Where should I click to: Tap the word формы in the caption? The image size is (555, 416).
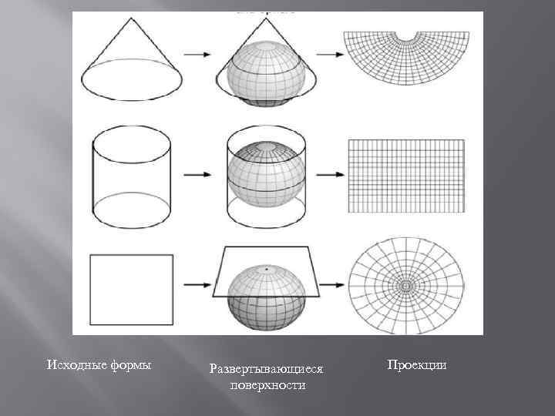click(128, 364)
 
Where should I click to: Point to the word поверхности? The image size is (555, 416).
click(267, 384)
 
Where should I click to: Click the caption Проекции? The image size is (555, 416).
click(417, 364)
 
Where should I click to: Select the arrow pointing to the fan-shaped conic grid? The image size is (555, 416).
click(329, 54)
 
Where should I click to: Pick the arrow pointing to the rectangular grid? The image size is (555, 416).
click(329, 175)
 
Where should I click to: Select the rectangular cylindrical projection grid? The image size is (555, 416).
click(407, 175)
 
